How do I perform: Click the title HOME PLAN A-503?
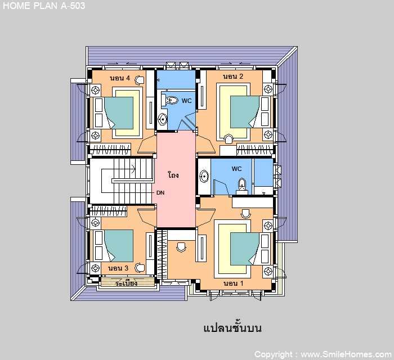click(44, 6)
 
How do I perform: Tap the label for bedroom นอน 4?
click(120, 78)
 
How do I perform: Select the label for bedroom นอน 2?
click(233, 76)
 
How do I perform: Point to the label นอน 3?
click(118, 268)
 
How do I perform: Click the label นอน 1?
click(234, 283)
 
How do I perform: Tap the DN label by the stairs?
click(160, 193)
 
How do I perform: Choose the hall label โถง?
click(173, 174)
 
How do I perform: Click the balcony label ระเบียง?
click(126, 283)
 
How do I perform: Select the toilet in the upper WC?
click(172, 100)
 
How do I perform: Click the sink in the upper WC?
click(163, 119)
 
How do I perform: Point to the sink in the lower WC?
click(204, 176)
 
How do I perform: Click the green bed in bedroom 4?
click(119, 113)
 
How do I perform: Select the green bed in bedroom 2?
click(245, 112)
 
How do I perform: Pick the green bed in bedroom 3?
click(119, 246)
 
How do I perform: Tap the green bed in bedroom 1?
click(245, 249)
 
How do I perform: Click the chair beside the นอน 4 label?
click(139, 80)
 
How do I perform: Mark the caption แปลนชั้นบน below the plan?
click(232, 327)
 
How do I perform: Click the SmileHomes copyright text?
click(323, 354)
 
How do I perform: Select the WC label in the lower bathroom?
click(237, 169)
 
